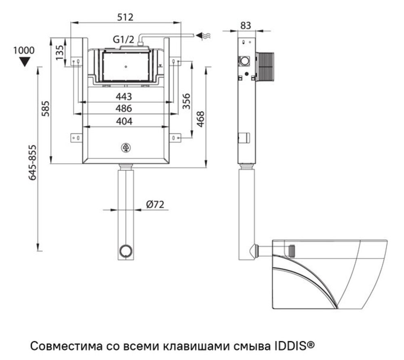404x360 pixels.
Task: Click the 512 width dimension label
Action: tap(125, 17)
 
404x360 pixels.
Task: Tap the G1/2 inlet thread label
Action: tap(123, 40)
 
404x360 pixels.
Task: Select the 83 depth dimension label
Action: tap(246, 25)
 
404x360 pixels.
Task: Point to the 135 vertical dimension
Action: tap(59, 52)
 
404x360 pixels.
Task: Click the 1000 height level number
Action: tap(24, 50)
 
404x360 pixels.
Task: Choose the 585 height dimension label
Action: tap(46, 108)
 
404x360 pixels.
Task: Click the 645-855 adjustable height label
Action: tap(32, 163)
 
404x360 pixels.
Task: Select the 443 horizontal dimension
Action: tap(124, 96)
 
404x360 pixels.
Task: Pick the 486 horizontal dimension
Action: tap(124, 108)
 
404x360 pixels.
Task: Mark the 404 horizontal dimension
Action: tap(124, 121)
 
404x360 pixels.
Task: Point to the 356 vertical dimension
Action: tap(186, 102)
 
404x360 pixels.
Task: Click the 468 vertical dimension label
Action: tap(200, 119)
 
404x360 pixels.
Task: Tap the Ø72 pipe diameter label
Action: tap(155, 205)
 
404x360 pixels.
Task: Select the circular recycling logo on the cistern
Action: tap(126, 148)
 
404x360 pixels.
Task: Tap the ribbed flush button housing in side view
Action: tap(265, 66)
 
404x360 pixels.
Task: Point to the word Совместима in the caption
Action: tap(66, 346)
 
